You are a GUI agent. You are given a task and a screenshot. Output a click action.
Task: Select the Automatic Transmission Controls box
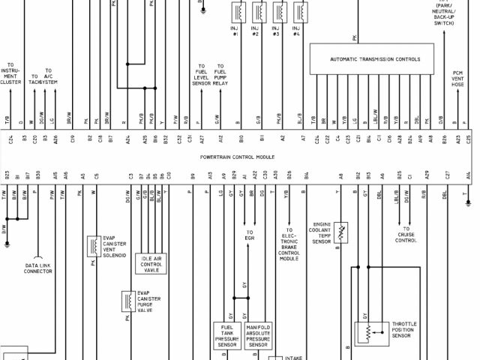[x=375, y=58]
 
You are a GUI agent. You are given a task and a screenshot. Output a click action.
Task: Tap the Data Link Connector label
[x=38, y=268]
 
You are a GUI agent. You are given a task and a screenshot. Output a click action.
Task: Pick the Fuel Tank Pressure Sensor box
[x=227, y=336]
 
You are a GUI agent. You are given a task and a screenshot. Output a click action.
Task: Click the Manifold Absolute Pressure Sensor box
[x=257, y=336]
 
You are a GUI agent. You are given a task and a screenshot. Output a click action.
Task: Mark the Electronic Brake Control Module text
[x=289, y=244]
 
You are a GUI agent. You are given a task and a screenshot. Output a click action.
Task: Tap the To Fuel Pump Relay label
[x=220, y=75]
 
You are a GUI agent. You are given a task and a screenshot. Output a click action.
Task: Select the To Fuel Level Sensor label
[x=200, y=75]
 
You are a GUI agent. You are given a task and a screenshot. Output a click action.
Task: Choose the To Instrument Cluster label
[x=10, y=73]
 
